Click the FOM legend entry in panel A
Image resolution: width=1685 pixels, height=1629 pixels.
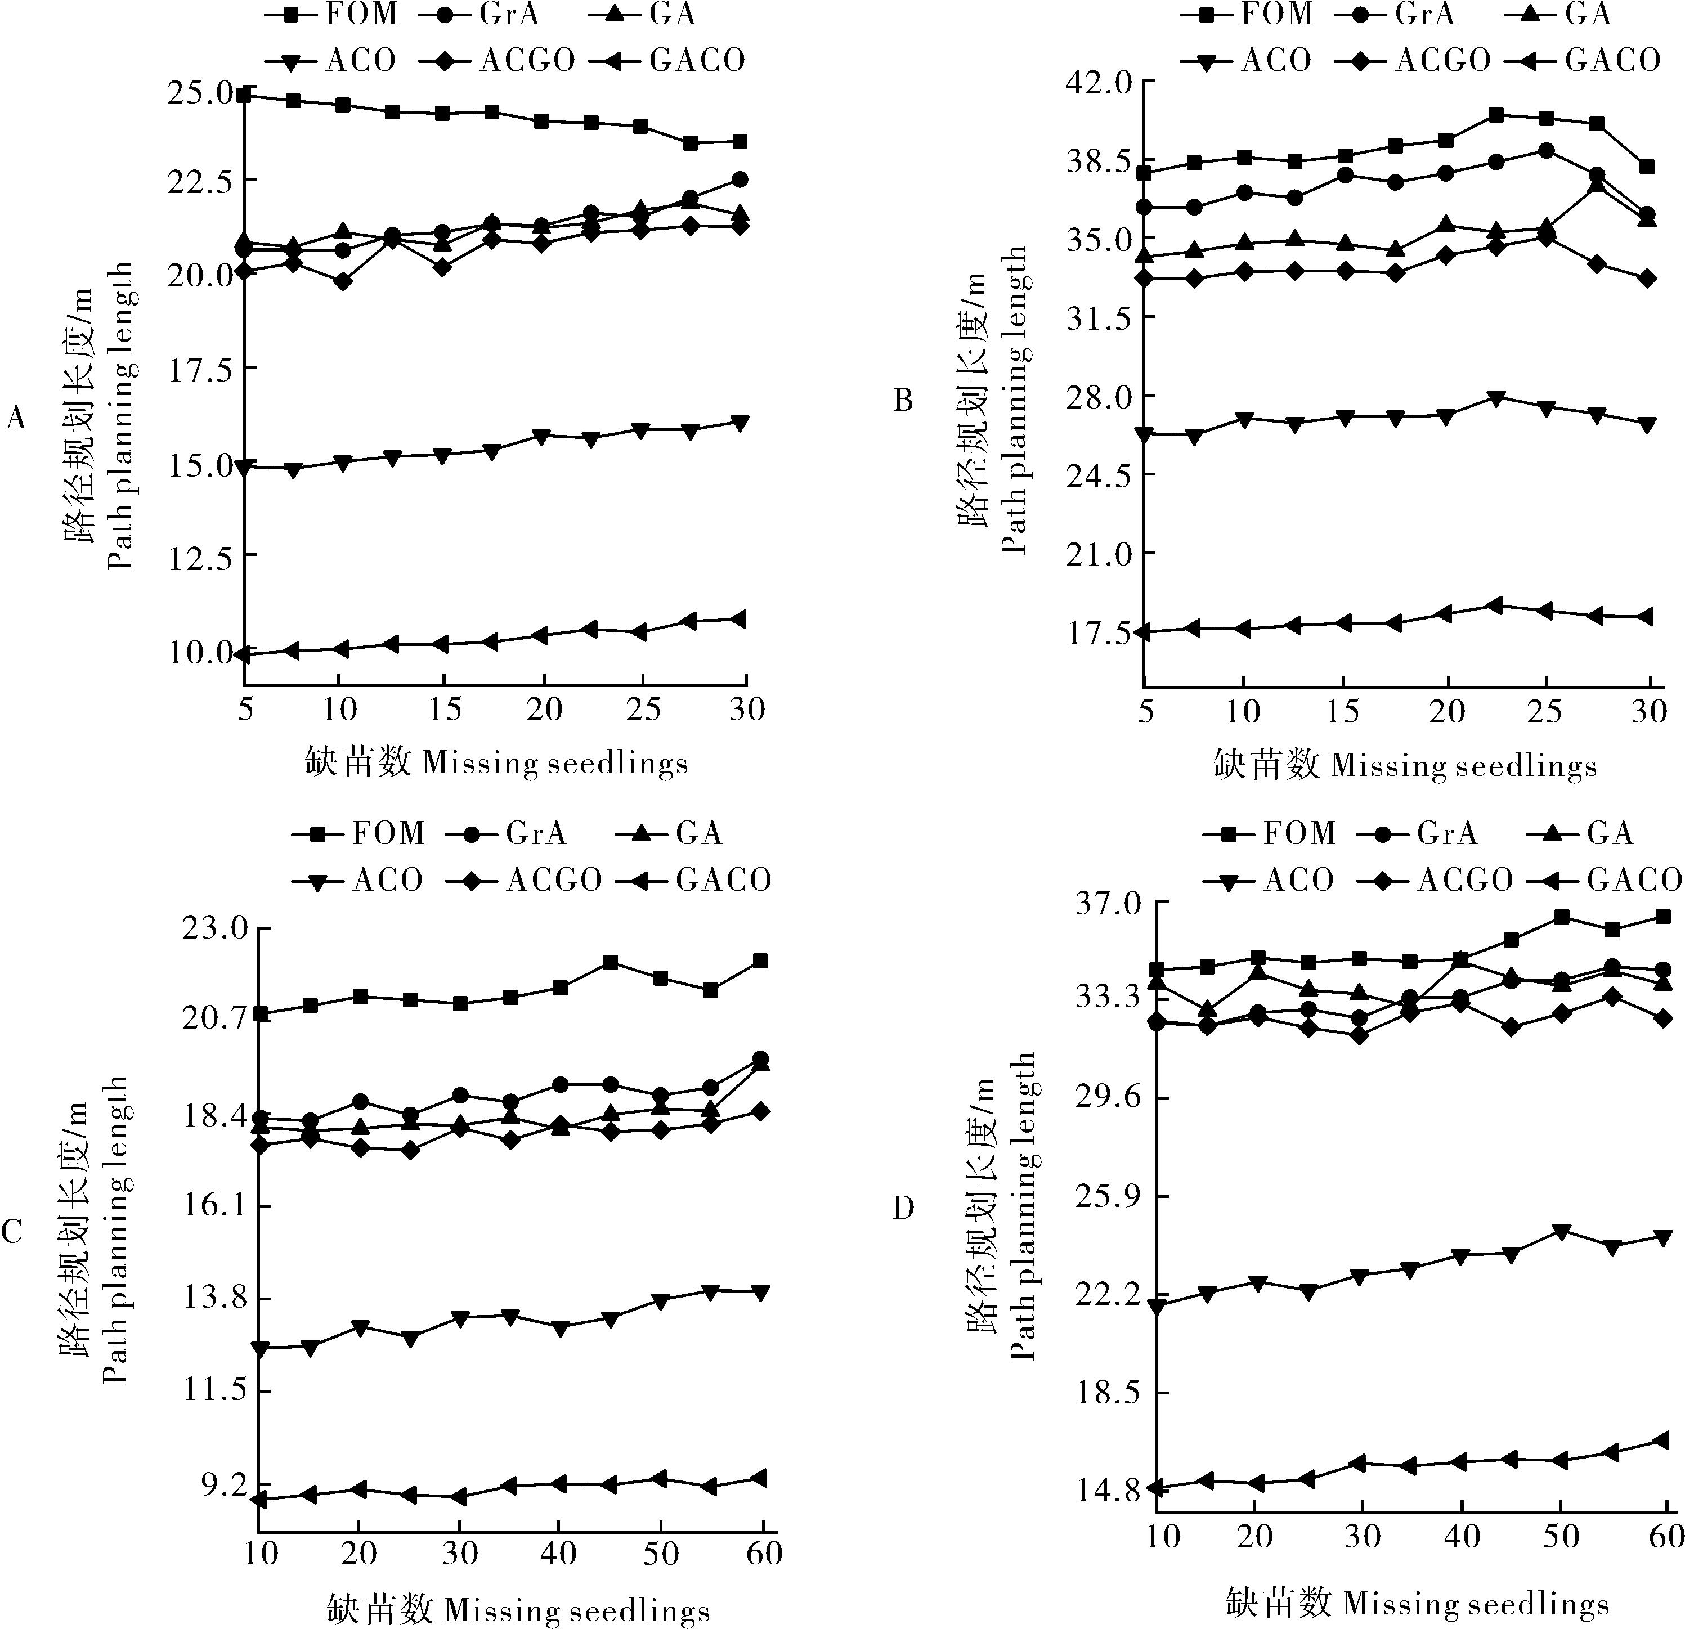pyautogui.click(x=330, y=15)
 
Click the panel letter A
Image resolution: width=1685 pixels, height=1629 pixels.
pyautogui.click(x=15, y=419)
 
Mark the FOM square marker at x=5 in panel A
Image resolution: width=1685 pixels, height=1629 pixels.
pyautogui.click(x=245, y=95)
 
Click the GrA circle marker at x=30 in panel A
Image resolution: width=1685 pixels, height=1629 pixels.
pyautogui.click(x=738, y=179)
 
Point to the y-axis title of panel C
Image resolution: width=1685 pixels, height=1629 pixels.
pyautogui.click(x=94, y=1230)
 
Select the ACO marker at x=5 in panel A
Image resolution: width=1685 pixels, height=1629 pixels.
pyautogui.click(x=245, y=467)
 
